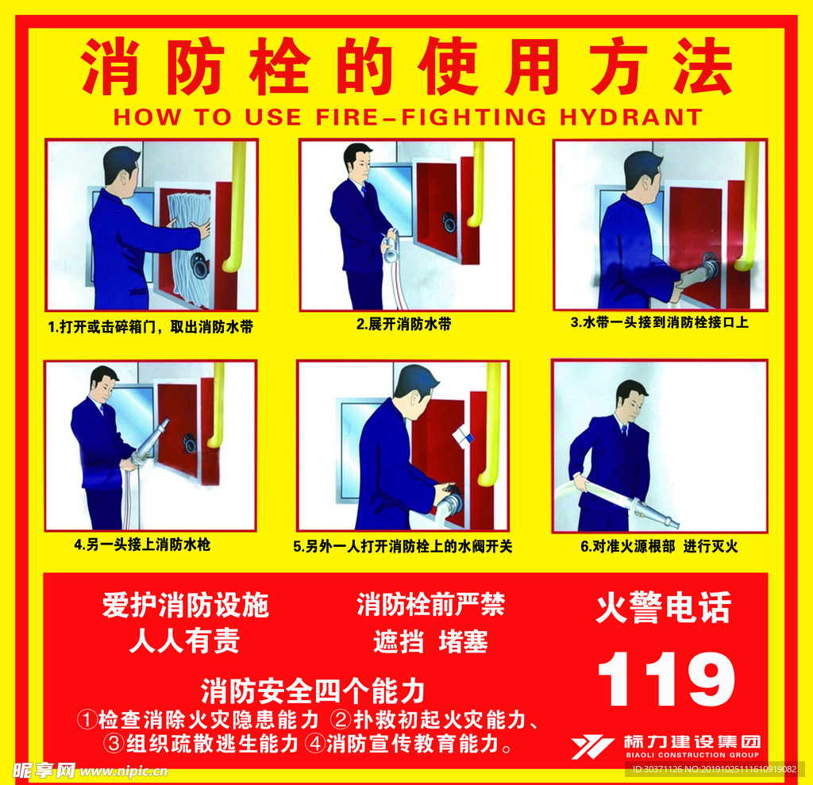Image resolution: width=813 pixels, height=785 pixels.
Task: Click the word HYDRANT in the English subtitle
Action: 631,117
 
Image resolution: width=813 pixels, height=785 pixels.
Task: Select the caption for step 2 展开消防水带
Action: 403,324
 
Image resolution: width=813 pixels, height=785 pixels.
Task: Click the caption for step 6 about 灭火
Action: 659,546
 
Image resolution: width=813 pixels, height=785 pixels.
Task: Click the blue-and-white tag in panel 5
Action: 463,436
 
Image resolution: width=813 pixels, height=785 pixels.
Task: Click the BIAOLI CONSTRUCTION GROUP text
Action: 692,755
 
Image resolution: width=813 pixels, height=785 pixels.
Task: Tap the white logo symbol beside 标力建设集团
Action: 592,747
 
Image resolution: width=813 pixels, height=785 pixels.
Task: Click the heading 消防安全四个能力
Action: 313,691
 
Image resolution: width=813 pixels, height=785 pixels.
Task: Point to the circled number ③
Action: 114,744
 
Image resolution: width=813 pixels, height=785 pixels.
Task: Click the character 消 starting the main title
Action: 110,67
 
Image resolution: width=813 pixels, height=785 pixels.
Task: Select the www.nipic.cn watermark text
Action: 124,772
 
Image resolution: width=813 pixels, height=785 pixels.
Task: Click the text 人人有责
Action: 184,641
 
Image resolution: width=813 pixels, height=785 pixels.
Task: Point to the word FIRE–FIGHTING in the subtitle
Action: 431,117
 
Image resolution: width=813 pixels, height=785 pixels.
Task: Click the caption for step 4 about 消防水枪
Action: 142,544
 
